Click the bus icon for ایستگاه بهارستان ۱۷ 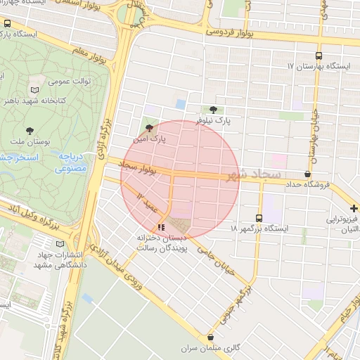point(319,55)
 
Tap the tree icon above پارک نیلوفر point(213,109)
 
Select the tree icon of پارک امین point(148,128)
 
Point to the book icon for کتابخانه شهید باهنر point(34,90)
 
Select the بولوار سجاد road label point(137,167)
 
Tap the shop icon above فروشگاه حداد point(307,174)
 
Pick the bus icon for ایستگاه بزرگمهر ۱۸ point(259,218)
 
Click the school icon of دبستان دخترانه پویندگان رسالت point(162,227)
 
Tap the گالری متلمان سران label point(211,348)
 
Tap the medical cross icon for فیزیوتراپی point(354,208)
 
